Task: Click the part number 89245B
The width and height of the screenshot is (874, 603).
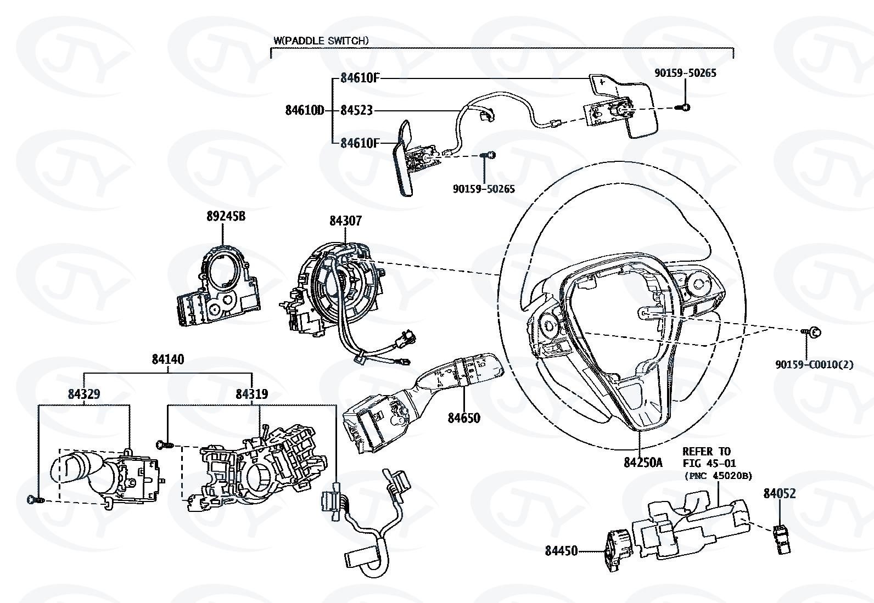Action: coord(226,216)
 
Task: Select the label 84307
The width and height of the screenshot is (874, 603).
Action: coord(345,221)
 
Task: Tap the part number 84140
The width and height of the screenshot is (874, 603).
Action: coord(168,359)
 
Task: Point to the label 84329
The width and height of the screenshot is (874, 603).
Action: coord(84,394)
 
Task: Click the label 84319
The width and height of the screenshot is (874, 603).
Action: coord(251,394)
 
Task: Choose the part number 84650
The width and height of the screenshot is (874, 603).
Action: coord(464,418)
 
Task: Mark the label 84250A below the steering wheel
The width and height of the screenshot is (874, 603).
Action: coord(643,462)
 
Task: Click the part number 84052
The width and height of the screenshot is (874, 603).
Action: coord(780,493)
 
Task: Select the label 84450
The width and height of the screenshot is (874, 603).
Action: coord(561,550)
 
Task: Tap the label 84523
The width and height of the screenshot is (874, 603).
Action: coord(356,110)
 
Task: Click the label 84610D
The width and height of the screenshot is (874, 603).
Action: coord(305,110)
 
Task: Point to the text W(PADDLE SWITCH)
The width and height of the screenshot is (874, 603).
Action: coord(321,41)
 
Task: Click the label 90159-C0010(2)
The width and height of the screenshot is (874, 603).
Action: coord(815,364)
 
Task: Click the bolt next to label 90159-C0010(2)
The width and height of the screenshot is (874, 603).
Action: coord(813,331)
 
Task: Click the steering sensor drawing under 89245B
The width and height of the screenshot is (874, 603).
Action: coord(218,288)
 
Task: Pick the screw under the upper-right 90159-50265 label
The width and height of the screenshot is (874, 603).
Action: coord(685,106)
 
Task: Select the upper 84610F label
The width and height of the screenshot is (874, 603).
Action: coord(360,78)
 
